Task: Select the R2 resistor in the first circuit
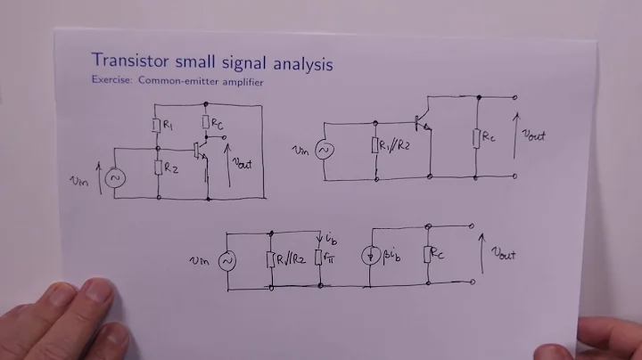coord(157,167)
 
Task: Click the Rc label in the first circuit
coord(218,120)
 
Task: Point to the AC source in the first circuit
coord(114,177)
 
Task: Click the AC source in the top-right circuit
coord(323,150)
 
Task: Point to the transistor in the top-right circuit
coord(424,125)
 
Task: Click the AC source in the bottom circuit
coord(227,259)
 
